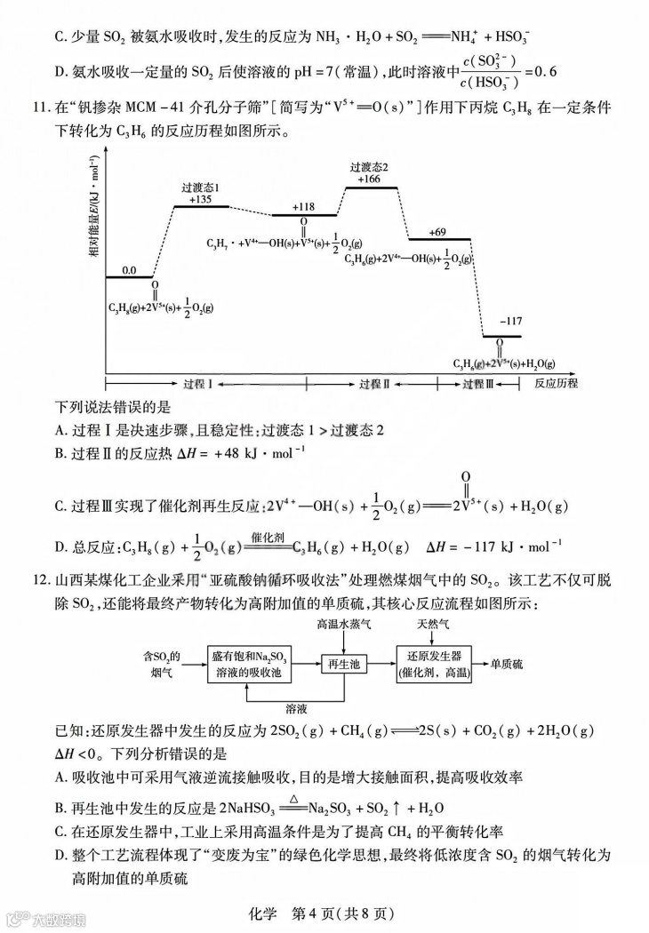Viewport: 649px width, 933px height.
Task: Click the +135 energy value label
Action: [x=201, y=200]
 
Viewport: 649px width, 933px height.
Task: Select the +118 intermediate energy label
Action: [x=304, y=206]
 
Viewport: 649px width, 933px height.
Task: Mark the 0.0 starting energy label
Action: [x=130, y=270]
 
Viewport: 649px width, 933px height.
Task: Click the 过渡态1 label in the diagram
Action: [x=201, y=187]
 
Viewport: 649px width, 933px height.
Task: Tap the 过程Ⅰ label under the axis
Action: [x=197, y=384]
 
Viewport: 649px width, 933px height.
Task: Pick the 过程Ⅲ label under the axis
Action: [x=477, y=384]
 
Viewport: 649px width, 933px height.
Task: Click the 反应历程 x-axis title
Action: [x=556, y=384]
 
